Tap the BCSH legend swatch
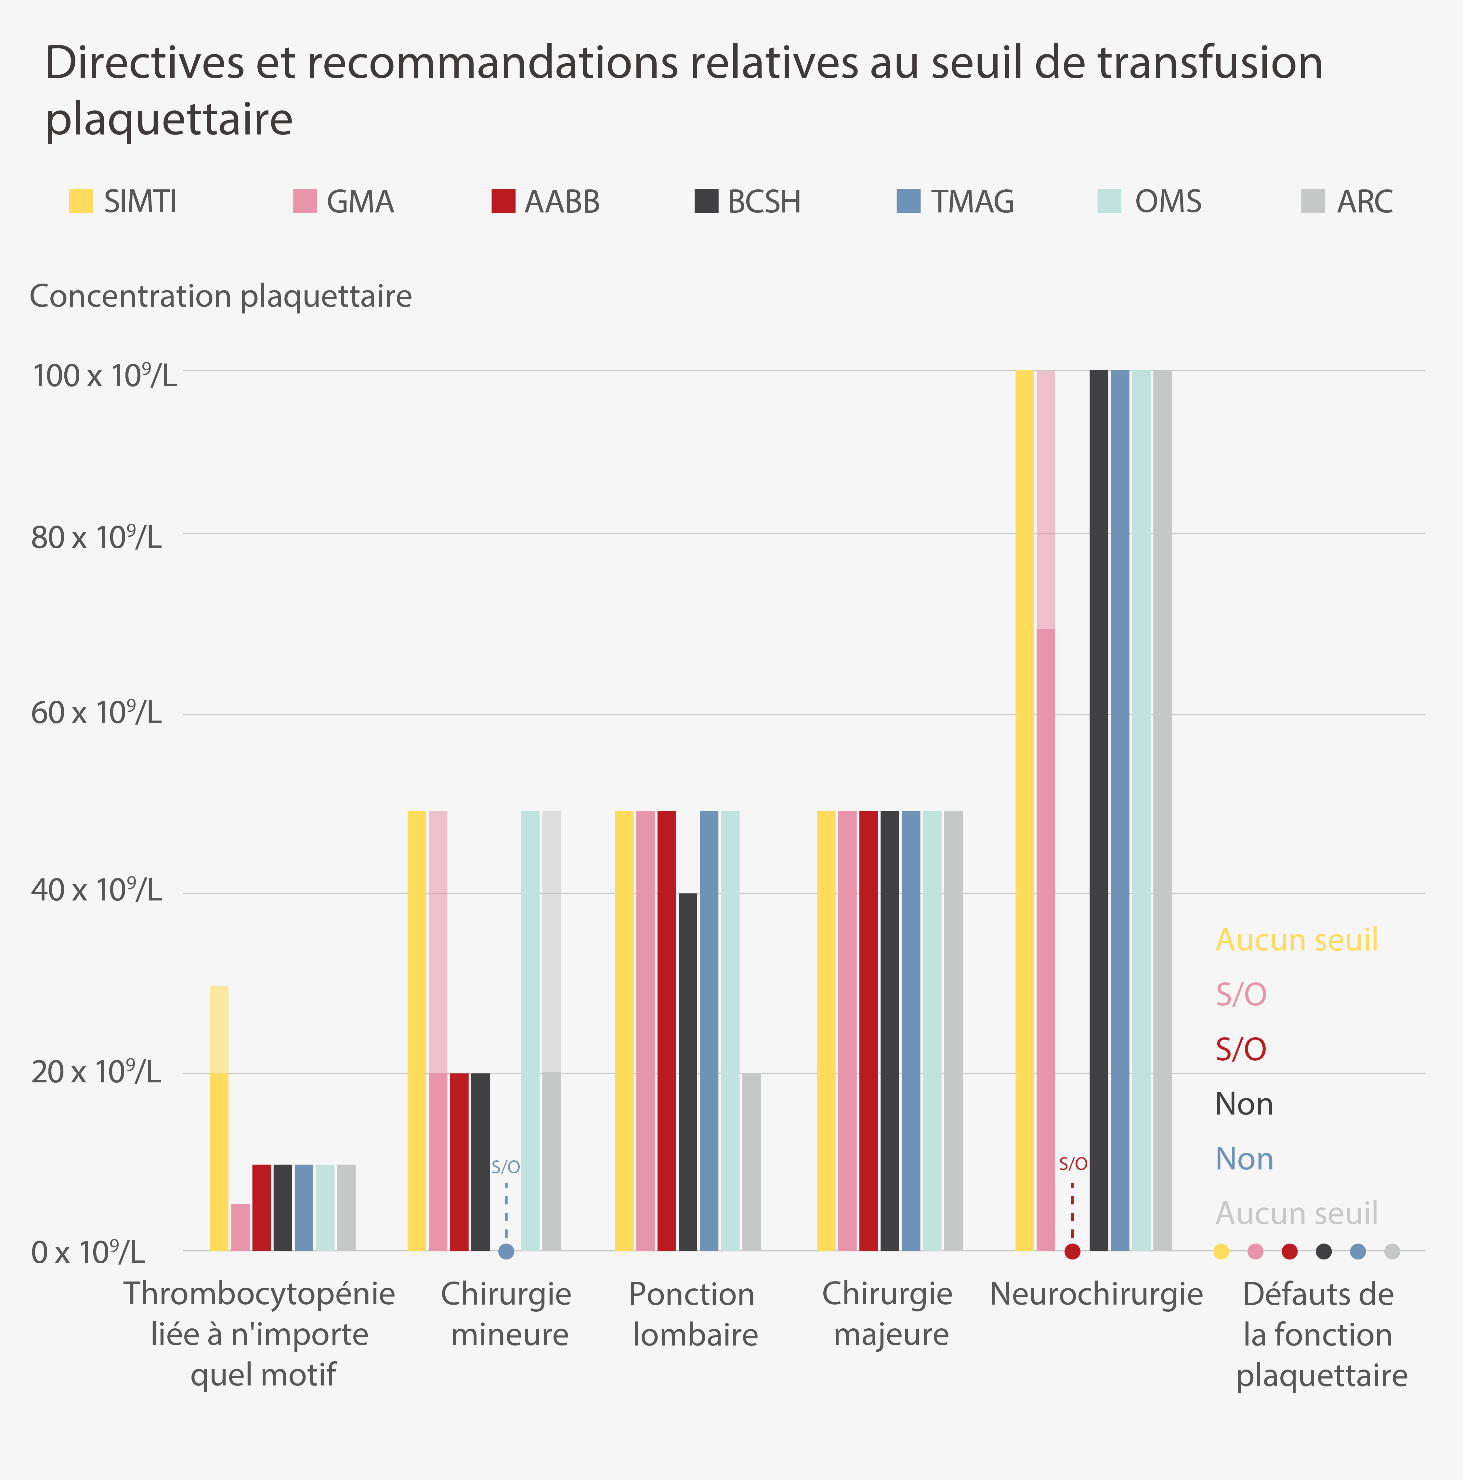[x=706, y=201]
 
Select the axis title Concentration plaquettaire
[x=221, y=296]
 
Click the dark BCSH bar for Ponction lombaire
[x=687, y=1072]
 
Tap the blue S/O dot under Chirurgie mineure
[x=506, y=1252]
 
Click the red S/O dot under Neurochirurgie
[x=1072, y=1252]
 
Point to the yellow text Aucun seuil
[x=1297, y=940]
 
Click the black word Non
[x=1244, y=1104]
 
